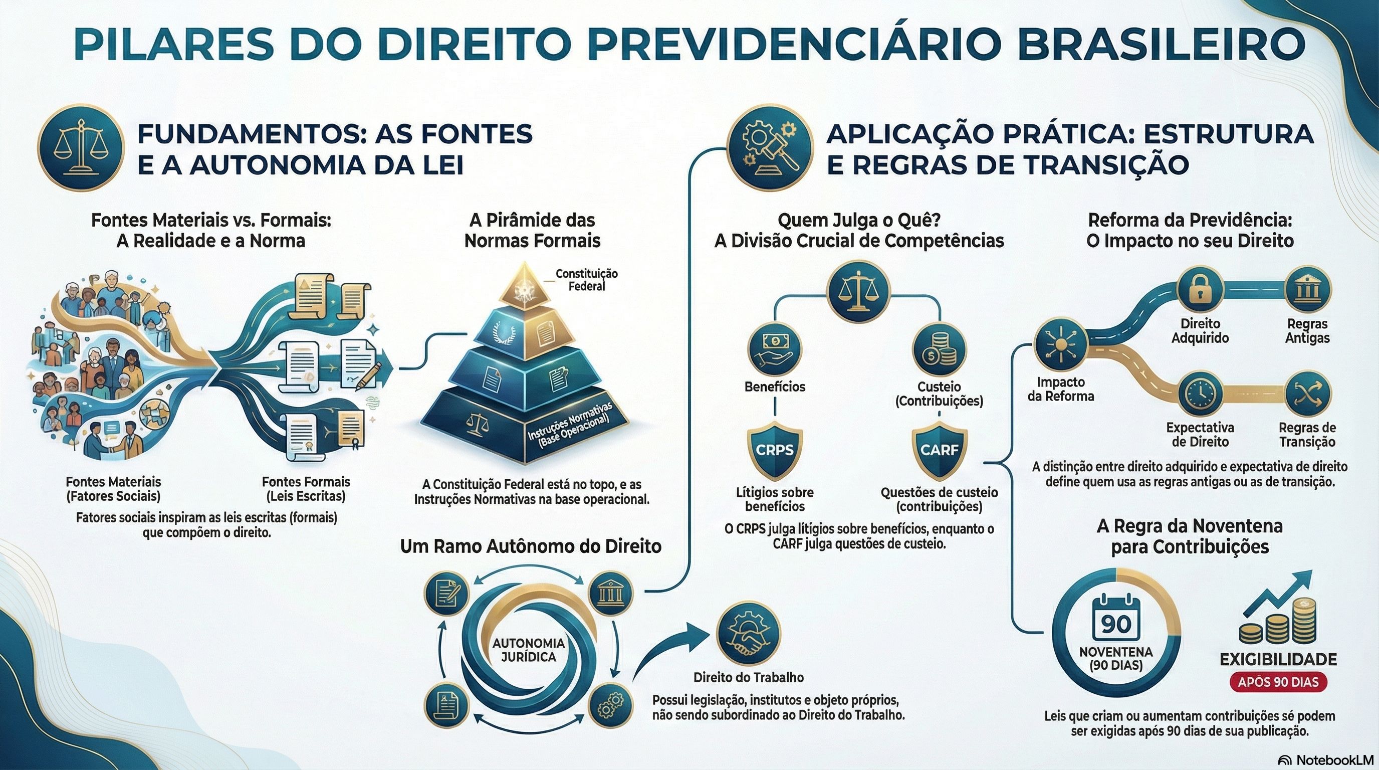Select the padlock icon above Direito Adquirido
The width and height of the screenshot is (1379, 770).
[1200, 290]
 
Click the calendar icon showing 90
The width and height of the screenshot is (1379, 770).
[1116, 622]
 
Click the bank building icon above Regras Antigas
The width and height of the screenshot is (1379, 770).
[1307, 290]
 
